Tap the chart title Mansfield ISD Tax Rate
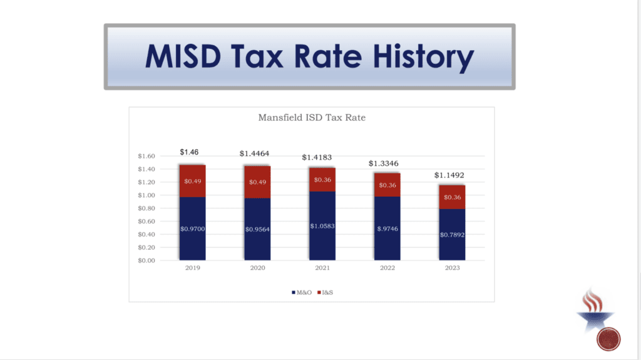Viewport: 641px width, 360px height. [311, 117]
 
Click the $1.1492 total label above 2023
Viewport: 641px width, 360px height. [451, 175]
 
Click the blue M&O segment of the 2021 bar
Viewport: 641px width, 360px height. [322, 226]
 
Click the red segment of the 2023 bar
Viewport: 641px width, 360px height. [452, 197]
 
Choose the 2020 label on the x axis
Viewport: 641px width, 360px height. [257, 268]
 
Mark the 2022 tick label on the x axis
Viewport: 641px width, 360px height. [387, 268]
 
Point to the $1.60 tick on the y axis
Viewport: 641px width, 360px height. [146, 156]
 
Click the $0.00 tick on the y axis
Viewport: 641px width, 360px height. [146, 260]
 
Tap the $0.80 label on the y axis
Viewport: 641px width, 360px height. [146, 208]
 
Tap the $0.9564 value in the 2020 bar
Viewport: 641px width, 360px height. [257, 229]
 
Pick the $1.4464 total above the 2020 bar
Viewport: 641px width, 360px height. [257, 153]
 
